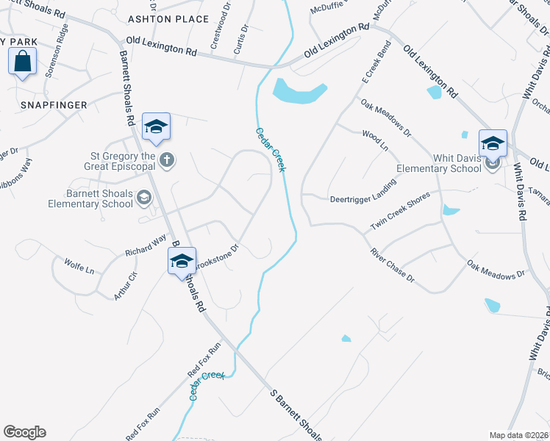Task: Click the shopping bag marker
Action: (x=21, y=62)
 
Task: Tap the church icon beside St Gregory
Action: (x=168, y=160)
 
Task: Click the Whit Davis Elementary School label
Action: (x=438, y=163)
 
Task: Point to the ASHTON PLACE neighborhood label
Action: (x=159, y=18)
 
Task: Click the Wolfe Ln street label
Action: (x=79, y=265)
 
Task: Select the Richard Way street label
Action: (x=146, y=245)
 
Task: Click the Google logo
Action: (x=24, y=432)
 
